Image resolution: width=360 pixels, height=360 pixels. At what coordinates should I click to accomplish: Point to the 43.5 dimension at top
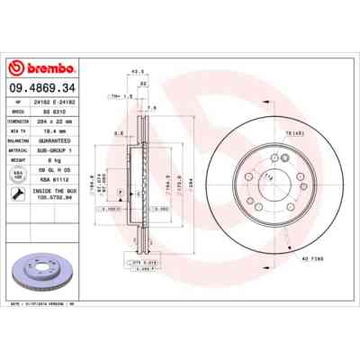(138, 71)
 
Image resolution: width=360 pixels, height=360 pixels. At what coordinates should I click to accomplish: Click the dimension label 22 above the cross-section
(142, 83)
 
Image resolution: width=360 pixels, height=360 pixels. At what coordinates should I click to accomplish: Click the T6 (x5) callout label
(294, 135)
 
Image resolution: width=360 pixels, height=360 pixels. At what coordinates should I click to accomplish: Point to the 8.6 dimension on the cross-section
(118, 133)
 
